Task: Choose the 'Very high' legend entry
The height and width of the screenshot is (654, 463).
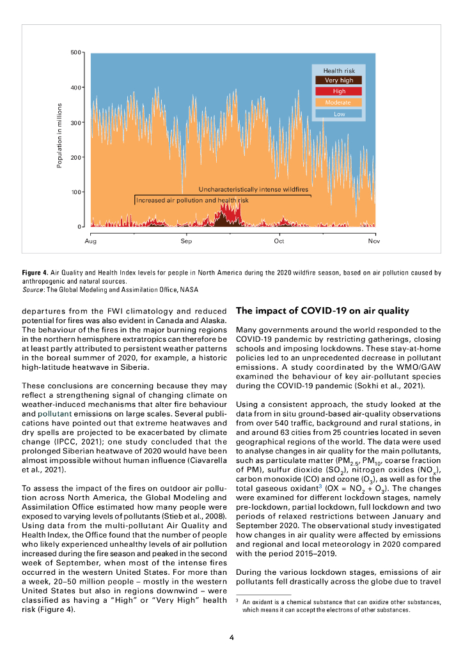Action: tap(338, 80)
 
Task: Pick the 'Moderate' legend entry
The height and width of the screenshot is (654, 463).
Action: tap(338, 102)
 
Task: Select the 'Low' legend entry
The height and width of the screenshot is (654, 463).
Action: tap(338, 114)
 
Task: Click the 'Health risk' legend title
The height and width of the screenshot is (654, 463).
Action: tap(338, 70)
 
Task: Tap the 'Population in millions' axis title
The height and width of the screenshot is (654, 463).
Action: tap(59, 136)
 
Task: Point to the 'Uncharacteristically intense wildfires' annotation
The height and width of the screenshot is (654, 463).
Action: tap(253, 190)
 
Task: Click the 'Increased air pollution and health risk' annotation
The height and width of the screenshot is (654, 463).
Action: tap(192, 200)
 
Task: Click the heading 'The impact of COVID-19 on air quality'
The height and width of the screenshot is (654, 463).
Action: tap(322, 311)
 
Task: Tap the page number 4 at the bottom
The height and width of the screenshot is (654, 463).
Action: tap(231, 637)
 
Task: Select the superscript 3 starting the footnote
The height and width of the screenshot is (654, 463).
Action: tap(237, 602)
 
